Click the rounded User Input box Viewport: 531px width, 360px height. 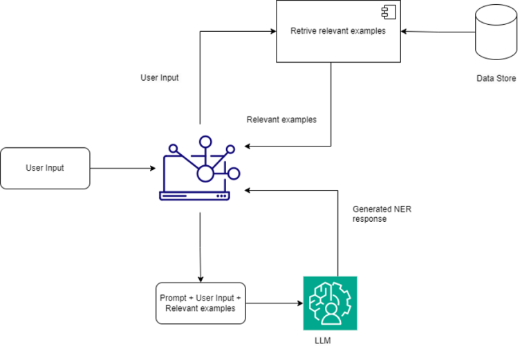click(x=45, y=168)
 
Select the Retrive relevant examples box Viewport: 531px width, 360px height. click(x=338, y=31)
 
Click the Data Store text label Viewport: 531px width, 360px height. click(x=496, y=78)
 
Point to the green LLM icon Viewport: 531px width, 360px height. click(x=330, y=303)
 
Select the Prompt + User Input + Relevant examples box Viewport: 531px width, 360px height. click(x=200, y=303)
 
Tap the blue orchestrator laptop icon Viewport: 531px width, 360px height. click(x=201, y=169)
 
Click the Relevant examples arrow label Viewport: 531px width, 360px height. click(x=281, y=120)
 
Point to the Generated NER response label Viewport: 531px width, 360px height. click(x=382, y=214)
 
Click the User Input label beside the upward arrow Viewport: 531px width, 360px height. click(x=160, y=78)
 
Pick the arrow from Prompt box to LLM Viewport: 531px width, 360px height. click(x=274, y=303)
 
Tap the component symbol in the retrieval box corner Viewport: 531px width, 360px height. click(x=389, y=12)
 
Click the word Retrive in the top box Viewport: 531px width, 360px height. click(x=304, y=31)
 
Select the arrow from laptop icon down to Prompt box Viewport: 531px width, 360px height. click(x=201, y=245)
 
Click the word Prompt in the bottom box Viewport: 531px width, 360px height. click(x=173, y=298)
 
